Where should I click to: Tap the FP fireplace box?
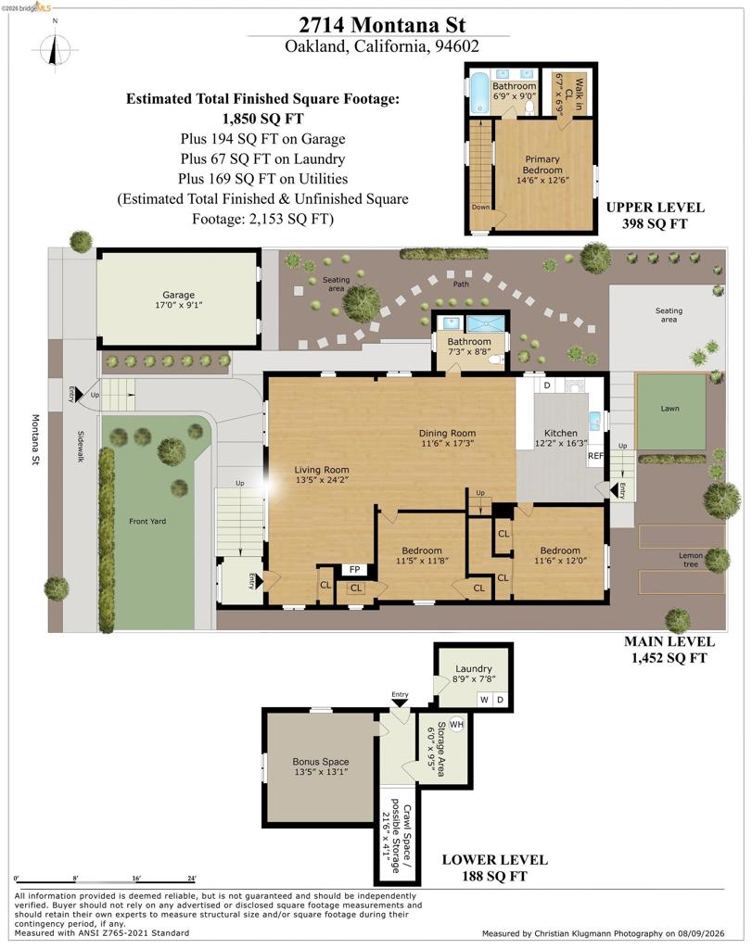[355, 570]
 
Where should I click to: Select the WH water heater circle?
[456, 724]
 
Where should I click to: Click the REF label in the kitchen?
[595, 456]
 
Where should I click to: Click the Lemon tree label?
[691, 559]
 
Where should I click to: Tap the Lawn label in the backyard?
[669, 409]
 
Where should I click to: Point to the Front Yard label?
[147, 521]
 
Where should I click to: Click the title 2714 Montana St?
[382, 25]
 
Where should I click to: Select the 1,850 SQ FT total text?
[262, 119]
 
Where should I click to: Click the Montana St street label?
[35, 440]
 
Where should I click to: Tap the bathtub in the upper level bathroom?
[479, 93]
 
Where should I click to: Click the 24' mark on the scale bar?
[191, 879]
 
